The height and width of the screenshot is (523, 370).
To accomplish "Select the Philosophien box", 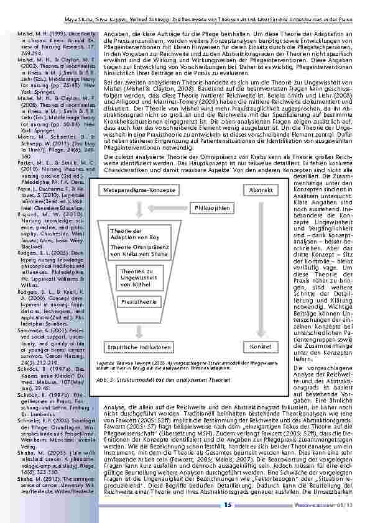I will pos(213,207).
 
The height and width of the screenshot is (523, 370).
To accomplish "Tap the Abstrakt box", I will pos(259,189).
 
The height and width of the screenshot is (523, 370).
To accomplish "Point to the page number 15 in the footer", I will pos(228,504).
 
